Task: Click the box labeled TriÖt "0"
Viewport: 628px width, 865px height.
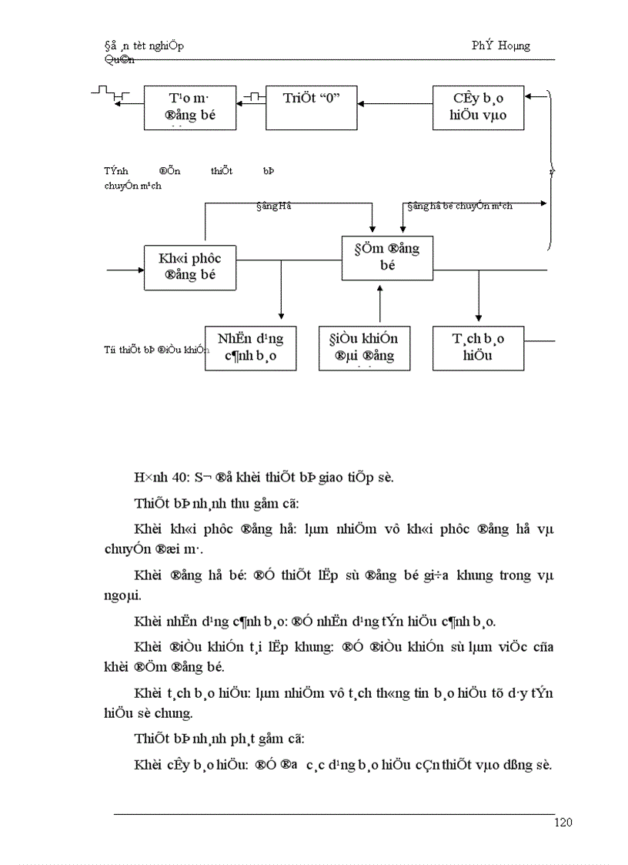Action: (312, 107)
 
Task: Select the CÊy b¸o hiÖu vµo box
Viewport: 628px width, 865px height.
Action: (478, 107)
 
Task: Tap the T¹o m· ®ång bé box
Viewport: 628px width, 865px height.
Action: (190, 107)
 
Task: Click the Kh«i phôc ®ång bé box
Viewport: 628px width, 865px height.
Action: (190, 267)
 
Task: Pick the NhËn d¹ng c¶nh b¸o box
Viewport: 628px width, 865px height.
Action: (250, 348)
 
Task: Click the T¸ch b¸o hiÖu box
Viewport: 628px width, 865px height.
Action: (478, 348)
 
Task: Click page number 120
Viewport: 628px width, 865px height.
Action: (563, 823)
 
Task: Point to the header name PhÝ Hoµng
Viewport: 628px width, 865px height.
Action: (501, 45)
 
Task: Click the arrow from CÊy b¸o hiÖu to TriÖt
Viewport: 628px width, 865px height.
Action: (396, 103)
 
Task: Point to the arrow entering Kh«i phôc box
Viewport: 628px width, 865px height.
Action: (125, 270)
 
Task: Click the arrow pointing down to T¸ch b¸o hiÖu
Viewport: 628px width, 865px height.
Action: (479, 297)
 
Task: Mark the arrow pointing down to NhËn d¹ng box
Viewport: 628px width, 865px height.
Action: (281, 297)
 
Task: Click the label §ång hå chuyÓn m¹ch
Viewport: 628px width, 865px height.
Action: (460, 206)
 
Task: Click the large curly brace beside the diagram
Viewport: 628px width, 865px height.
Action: (550, 169)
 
